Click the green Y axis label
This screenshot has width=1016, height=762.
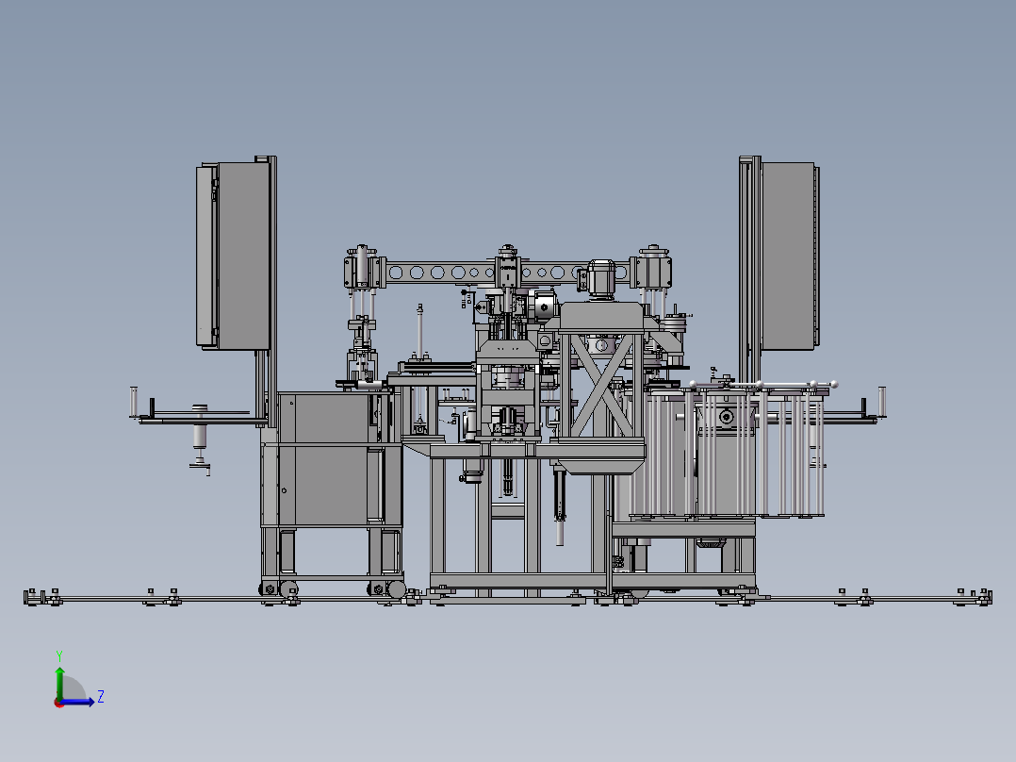(x=59, y=655)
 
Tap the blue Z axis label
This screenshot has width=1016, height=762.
(x=101, y=697)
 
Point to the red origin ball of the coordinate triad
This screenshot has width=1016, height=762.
(x=59, y=703)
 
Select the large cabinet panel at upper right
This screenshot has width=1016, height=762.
(x=788, y=256)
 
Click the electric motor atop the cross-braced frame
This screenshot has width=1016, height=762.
(x=599, y=280)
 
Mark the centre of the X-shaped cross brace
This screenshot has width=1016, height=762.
(x=601, y=385)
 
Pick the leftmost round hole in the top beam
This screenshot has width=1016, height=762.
(x=395, y=273)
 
